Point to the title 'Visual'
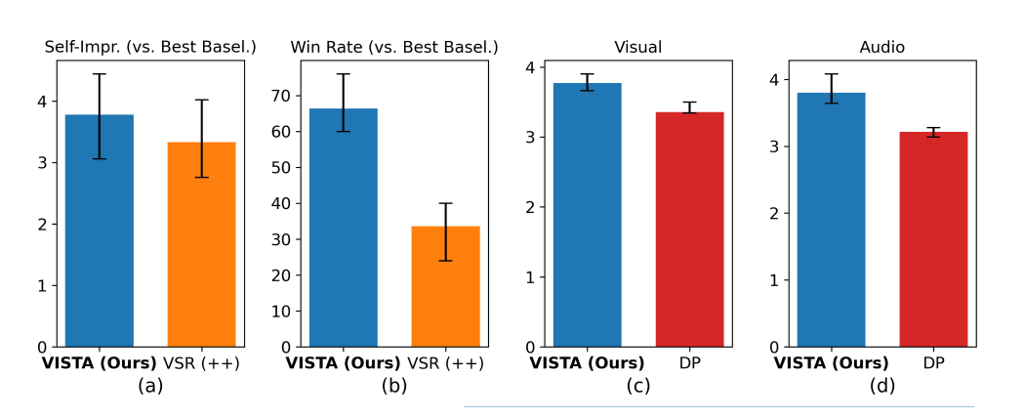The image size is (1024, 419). tap(637, 47)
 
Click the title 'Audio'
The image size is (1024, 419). tap(882, 47)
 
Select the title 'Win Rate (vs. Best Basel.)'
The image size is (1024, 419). tap(394, 47)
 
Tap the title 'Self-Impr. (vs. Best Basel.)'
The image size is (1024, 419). tap(150, 47)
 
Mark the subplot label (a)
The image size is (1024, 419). tap(150, 386)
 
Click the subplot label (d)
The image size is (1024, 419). tap(882, 386)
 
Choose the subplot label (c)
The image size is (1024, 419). tap(637, 386)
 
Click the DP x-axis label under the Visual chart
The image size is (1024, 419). tap(689, 363)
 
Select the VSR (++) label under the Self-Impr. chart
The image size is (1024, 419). tap(201, 363)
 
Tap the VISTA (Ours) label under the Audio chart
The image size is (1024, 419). tap(832, 363)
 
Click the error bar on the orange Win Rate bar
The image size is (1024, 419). tap(445, 231)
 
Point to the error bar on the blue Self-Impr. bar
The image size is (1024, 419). tap(100, 115)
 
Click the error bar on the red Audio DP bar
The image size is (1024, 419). tap(933, 132)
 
